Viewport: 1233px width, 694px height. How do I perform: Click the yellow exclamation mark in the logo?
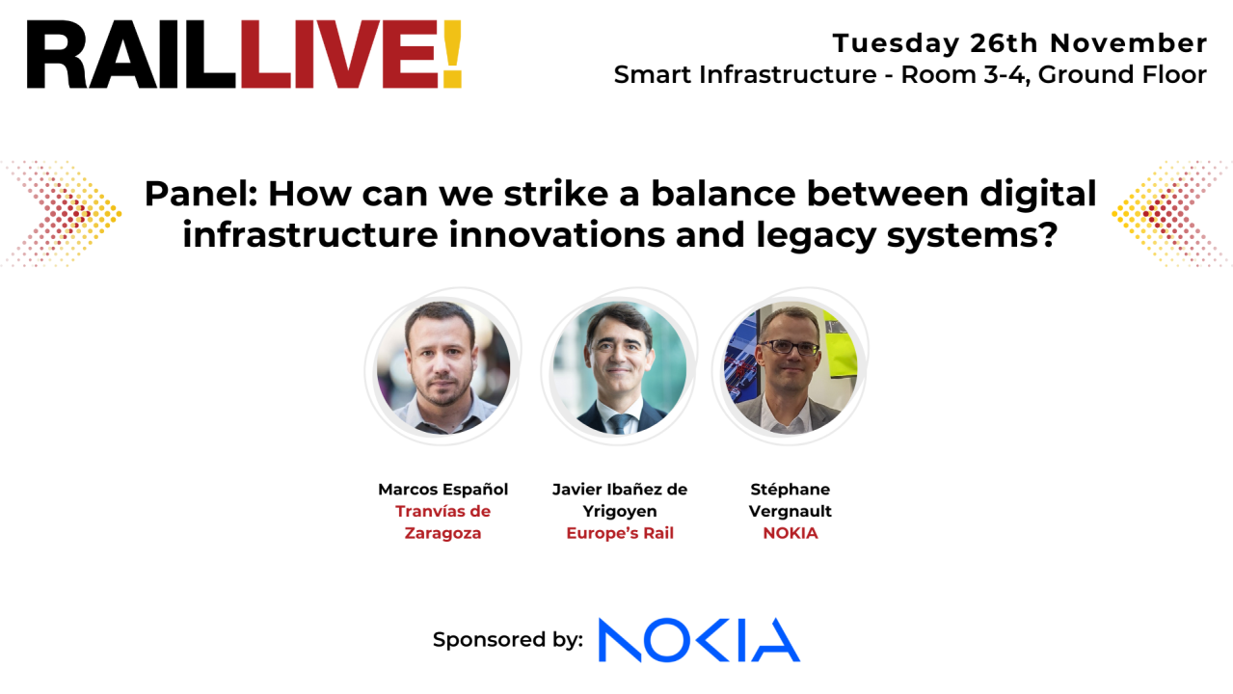pyautogui.click(x=451, y=54)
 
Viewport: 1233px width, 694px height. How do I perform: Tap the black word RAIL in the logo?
pyautogui.click(x=131, y=55)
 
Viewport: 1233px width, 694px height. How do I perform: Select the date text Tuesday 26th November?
pyautogui.click(x=1020, y=43)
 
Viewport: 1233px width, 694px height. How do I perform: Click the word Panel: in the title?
pyautogui.click(x=201, y=194)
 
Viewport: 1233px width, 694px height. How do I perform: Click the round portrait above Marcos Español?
pyautogui.click(x=443, y=367)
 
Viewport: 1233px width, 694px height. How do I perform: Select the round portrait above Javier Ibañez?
pyautogui.click(x=618, y=367)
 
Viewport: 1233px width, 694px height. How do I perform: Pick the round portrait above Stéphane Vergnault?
pyautogui.click(x=791, y=367)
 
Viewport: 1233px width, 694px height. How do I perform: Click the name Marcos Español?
pyautogui.click(x=442, y=489)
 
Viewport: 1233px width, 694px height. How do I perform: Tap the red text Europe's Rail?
pyautogui.click(x=620, y=533)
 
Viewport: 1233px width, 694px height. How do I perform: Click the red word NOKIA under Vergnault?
pyautogui.click(x=791, y=533)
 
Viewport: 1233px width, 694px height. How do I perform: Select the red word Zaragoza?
pyautogui.click(x=442, y=533)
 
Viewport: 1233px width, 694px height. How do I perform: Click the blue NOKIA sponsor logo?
pyautogui.click(x=699, y=640)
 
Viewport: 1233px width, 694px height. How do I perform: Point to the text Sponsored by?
pyautogui.click(x=508, y=639)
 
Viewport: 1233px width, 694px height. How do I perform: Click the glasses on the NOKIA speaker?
pyautogui.click(x=789, y=347)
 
